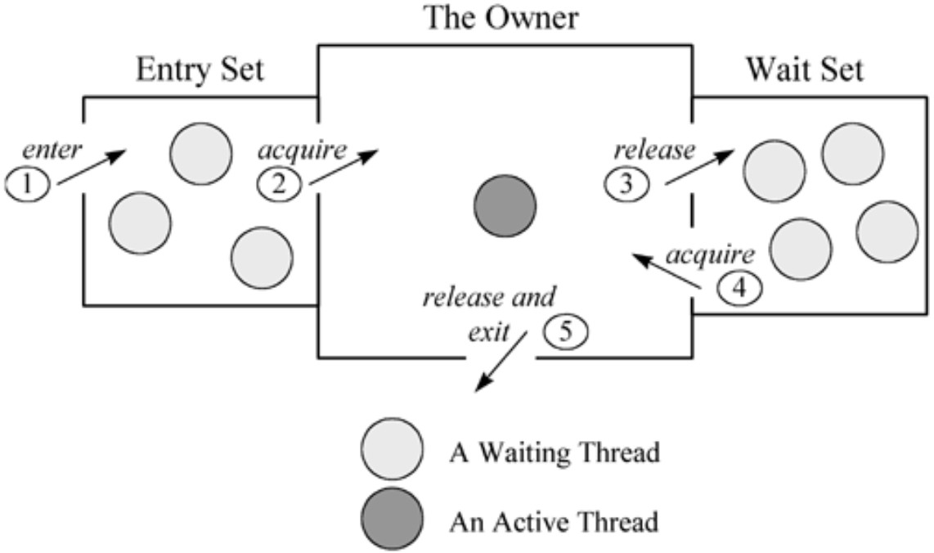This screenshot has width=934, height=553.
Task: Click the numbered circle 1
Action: tap(28, 184)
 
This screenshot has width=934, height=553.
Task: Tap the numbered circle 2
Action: tap(279, 184)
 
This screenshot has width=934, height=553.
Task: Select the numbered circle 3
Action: tap(626, 184)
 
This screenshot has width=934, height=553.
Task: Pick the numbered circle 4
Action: tap(739, 289)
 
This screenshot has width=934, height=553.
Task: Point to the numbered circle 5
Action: tap(565, 331)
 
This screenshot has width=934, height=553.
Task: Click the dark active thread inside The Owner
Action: tap(505, 206)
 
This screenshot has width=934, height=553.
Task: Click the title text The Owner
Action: tap(501, 17)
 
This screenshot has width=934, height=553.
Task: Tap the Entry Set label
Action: tap(200, 70)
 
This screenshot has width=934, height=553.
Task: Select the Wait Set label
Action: tap(805, 70)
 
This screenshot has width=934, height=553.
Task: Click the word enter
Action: tap(52, 150)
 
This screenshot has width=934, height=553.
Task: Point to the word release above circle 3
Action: tap(654, 150)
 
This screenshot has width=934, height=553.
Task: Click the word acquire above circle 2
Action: tap(302, 151)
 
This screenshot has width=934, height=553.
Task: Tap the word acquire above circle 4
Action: tap(711, 255)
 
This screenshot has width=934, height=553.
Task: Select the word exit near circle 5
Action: tap(488, 333)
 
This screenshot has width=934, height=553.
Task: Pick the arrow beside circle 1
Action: tap(92, 168)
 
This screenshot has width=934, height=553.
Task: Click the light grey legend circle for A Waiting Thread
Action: tap(393, 449)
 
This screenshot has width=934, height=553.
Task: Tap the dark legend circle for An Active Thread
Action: tap(393, 519)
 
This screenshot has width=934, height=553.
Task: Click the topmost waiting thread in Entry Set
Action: tap(200, 154)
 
